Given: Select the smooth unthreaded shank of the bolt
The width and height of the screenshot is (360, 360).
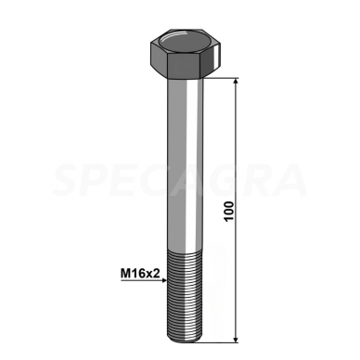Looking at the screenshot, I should click(x=184, y=158).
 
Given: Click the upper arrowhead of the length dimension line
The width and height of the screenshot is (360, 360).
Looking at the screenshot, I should click(x=238, y=85).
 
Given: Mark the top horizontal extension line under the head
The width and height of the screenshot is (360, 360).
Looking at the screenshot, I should click(x=223, y=80).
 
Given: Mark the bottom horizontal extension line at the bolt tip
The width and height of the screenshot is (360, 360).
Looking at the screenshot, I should click(x=223, y=341).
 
